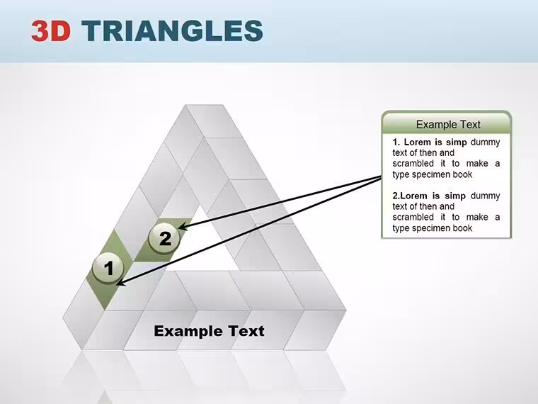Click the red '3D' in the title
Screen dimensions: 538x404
[x=51, y=30]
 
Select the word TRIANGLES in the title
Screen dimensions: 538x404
[x=172, y=30]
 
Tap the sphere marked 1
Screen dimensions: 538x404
[x=108, y=268]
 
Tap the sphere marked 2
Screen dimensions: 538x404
[x=164, y=238]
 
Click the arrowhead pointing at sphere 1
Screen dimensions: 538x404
[x=121, y=282]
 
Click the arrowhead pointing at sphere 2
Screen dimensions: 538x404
[x=183, y=226]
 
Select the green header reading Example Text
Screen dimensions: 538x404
[x=447, y=123]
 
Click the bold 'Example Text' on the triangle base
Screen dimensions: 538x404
[x=209, y=331]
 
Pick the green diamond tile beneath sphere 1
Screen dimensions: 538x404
[x=109, y=270]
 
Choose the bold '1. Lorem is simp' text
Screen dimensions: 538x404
[x=430, y=142]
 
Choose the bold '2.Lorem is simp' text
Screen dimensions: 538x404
[x=429, y=196]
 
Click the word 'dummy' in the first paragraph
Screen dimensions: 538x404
[x=485, y=142]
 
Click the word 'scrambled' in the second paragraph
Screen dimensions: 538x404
[x=413, y=217]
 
